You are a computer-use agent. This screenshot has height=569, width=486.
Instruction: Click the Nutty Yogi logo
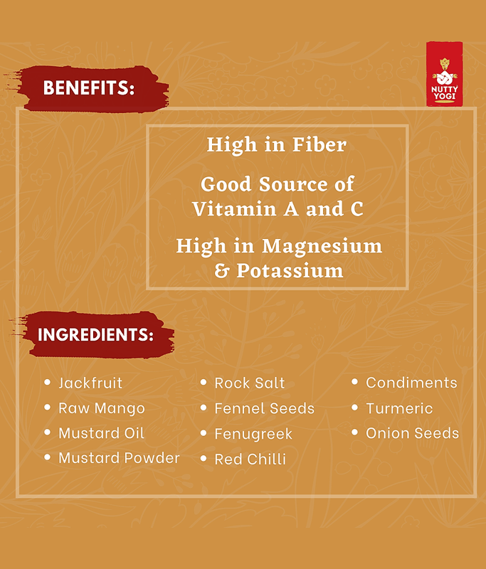444,74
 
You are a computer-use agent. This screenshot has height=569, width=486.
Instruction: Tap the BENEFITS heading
89,87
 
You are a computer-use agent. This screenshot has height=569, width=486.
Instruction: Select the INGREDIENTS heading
95,334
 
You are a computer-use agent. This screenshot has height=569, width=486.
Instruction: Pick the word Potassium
290,271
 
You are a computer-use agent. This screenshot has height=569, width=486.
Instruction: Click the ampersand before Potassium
221,271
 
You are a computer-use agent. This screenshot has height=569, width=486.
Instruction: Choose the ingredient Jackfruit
90,383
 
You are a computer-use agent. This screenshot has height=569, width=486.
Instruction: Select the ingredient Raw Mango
102,408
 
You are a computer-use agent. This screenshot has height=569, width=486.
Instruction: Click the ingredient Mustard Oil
101,433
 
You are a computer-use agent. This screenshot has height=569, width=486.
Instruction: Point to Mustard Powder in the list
119,458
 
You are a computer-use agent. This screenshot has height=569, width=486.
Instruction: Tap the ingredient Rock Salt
249,383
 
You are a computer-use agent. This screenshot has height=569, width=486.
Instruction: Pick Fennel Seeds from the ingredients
264,408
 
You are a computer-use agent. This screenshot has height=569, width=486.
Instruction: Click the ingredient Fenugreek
253,435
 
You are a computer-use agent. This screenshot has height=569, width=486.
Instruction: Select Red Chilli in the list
250,459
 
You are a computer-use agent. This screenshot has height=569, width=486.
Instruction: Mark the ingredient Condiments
411,383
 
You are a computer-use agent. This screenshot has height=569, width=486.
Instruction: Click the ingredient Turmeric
399,408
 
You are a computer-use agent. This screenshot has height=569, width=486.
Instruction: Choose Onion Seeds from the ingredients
412,433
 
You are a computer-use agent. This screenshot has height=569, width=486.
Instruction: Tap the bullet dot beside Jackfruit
47,382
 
